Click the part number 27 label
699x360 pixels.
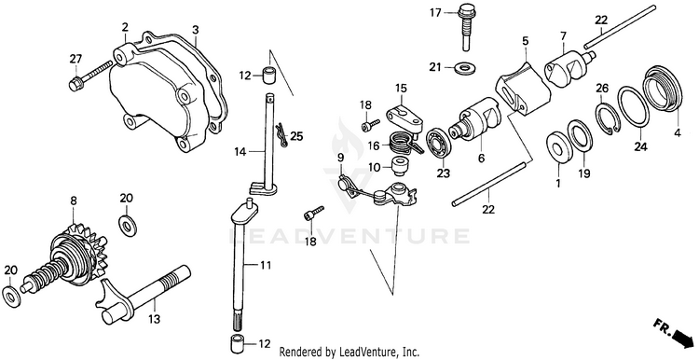pyautogui.click(x=75, y=59)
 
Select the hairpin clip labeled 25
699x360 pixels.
pyautogui.click(x=280, y=134)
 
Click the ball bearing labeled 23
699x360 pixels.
pyautogui.click(x=439, y=143)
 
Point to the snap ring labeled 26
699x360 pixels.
pyautogui.click(x=607, y=118)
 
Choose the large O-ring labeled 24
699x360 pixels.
pyautogui.click(x=633, y=106)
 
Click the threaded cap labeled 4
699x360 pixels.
pyautogui.click(x=663, y=89)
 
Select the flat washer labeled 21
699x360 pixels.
pyautogui.click(x=465, y=68)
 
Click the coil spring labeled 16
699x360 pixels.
pyautogui.click(x=404, y=144)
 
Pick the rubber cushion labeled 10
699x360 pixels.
pyautogui.click(x=398, y=166)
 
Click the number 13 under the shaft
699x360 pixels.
pyautogui.click(x=154, y=319)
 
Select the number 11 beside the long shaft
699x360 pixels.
pyautogui.click(x=265, y=266)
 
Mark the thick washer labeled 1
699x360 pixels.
pyautogui.click(x=559, y=147)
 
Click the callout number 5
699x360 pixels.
pyautogui.click(x=525, y=41)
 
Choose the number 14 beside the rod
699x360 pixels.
pyautogui.click(x=240, y=152)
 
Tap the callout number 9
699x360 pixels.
pyautogui.click(x=340, y=157)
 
